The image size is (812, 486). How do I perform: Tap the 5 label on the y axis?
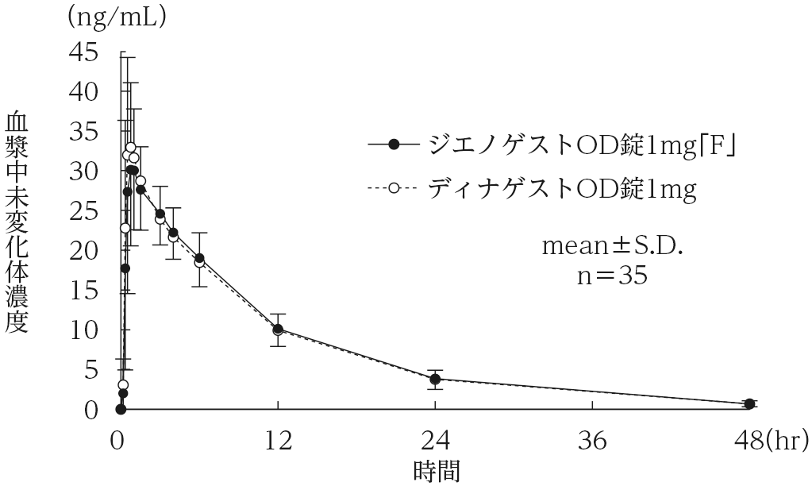(x=93, y=370)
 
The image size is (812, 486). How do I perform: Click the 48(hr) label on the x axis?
(x=769, y=438)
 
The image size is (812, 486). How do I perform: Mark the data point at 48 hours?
(x=749, y=403)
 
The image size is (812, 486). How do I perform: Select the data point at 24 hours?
(x=435, y=379)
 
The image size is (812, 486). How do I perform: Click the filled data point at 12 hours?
(x=278, y=328)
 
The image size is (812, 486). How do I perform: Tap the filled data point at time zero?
(x=121, y=409)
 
